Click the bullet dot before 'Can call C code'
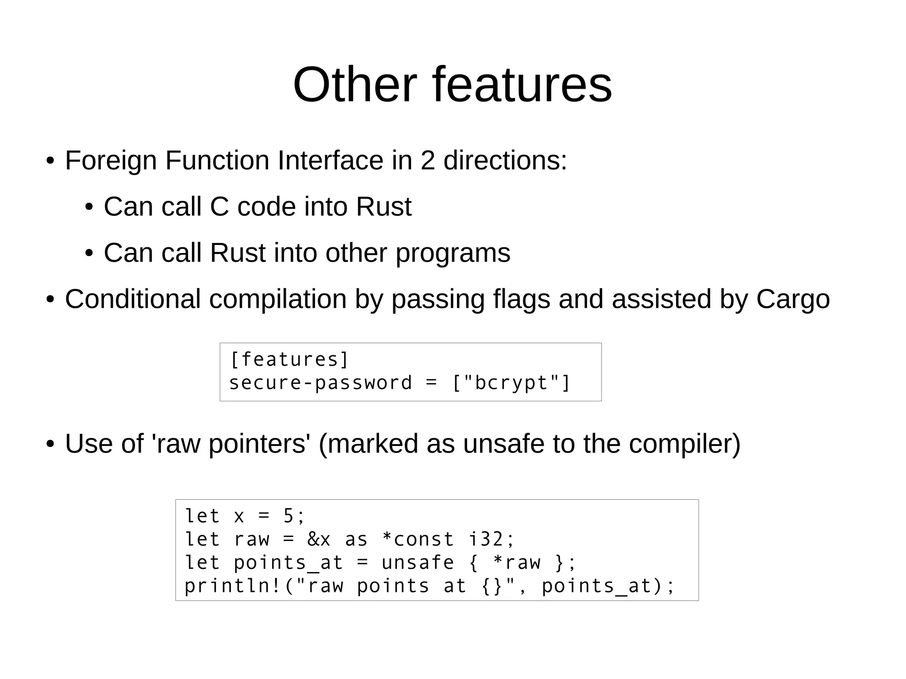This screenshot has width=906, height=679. (x=89, y=207)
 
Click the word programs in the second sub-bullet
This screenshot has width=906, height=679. (x=453, y=253)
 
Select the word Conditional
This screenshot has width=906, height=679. (x=133, y=299)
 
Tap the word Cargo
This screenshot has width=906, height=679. (x=793, y=300)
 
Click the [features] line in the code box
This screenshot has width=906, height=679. (x=290, y=360)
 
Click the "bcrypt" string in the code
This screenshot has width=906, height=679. (x=511, y=383)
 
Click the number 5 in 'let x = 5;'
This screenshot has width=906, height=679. (x=288, y=516)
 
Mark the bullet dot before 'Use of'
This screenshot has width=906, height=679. (x=50, y=444)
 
